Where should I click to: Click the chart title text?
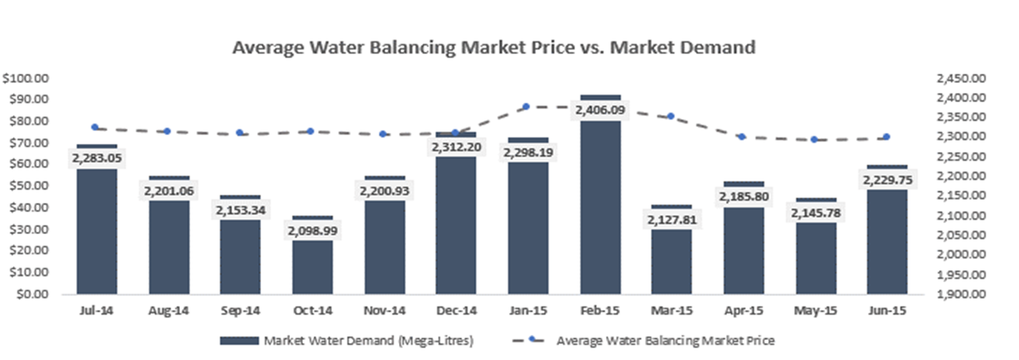(x=494, y=47)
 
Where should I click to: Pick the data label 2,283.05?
(x=96, y=158)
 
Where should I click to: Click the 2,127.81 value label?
(x=672, y=219)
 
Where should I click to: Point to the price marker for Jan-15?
(x=526, y=107)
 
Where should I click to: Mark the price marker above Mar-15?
(x=671, y=116)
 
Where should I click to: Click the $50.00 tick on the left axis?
(x=25, y=186)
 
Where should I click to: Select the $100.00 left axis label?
(x=25, y=78)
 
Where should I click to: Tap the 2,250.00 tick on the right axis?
(x=961, y=156)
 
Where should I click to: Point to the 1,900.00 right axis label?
(x=961, y=294)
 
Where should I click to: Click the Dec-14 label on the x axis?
(x=456, y=311)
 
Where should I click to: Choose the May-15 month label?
(x=815, y=311)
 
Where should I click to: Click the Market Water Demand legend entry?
(x=347, y=340)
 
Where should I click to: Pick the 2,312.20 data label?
(x=456, y=147)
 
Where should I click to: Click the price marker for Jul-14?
(x=95, y=127)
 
